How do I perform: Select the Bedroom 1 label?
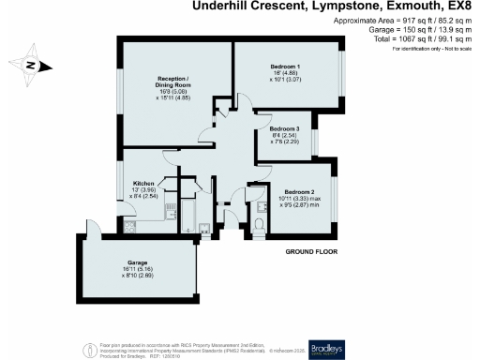(x=285, y=67)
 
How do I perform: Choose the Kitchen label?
(x=143, y=183)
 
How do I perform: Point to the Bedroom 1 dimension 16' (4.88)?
(x=285, y=75)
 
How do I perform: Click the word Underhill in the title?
(x=222, y=7)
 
